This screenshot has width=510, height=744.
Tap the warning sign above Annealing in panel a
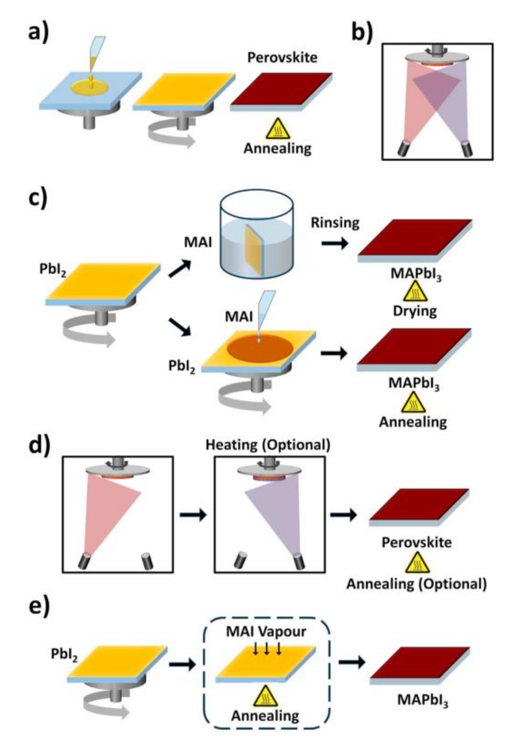point(278,129)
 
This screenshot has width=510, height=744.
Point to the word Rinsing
point(335,223)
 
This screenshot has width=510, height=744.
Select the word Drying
point(415,311)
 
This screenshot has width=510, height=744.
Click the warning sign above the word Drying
point(415,292)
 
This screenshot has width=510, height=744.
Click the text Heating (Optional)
point(268,445)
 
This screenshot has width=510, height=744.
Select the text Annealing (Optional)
point(417,584)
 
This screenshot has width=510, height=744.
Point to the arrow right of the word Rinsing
point(335,244)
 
